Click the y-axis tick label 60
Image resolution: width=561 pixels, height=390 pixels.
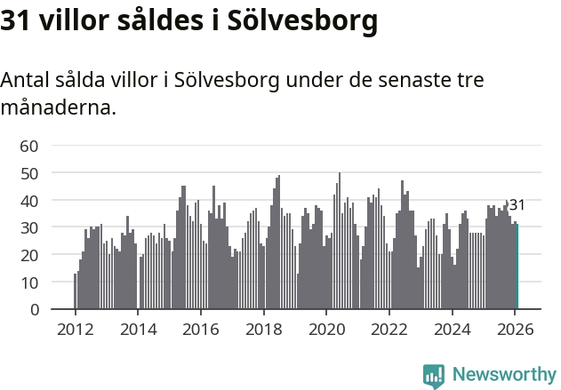(x=29, y=146)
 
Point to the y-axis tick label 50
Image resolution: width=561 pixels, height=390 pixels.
(x=29, y=173)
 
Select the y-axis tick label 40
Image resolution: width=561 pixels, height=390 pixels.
(x=29, y=201)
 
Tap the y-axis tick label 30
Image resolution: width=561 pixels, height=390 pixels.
(x=29, y=227)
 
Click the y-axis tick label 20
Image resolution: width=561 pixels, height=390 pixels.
(x=29, y=255)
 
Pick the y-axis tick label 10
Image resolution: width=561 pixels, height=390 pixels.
(x=29, y=283)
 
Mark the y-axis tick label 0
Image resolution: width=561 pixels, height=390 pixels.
(x=34, y=310)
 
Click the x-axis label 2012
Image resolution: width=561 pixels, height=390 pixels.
(x=75, y=328)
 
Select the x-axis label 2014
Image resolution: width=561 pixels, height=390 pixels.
(x=138, y=328)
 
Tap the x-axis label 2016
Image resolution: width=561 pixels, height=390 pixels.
(x=200, y=328)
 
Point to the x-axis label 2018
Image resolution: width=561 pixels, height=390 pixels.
(x=263, y=328)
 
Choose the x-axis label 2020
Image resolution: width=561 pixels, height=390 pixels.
(x=326, y=328)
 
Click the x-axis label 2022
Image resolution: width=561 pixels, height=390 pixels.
(x=389, y=328)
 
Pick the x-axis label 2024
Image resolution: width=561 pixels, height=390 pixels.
(x=452, y=328)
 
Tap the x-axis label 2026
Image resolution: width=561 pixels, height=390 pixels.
(x=515, y=328)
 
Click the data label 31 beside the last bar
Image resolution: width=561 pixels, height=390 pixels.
(x=517, y=205)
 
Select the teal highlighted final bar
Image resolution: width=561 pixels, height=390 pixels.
(x=517, y=267)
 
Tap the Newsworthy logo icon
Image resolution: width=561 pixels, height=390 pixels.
(x=434, y=375)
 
